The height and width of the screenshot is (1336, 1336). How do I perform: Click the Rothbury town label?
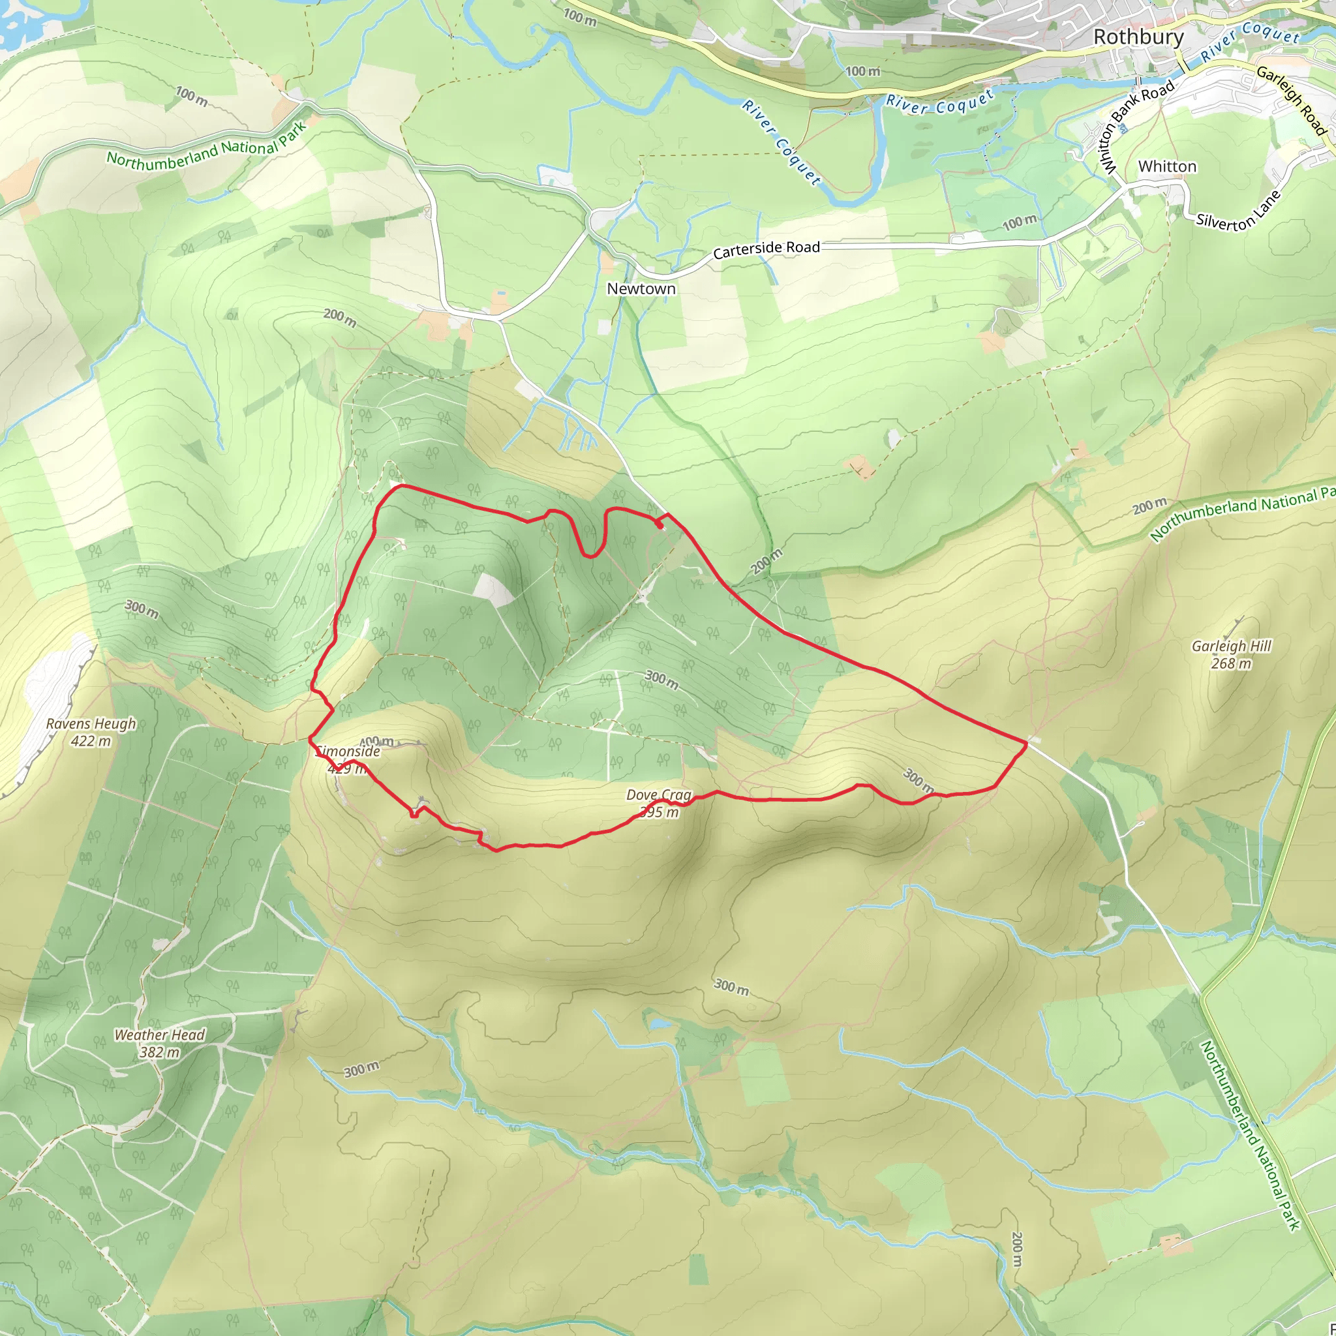[x=1138, y=37]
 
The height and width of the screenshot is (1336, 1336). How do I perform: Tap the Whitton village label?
[x=1167, y=166]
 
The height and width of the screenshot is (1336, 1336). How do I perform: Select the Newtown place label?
[x=641, y=288]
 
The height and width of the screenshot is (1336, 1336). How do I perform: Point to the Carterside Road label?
[x=767, y=250]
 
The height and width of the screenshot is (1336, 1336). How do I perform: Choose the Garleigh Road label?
[x=1292, y=101]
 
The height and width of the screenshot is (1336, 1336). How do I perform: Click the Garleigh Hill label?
[x=1232, y=646]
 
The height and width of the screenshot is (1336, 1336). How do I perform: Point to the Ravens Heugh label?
[x=91, y=724]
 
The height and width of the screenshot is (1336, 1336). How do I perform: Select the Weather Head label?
[x=160, y=1035]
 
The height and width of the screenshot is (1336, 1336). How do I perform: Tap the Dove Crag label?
[x=658, y=795]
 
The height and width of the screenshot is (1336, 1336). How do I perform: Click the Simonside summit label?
[x=349, y=751]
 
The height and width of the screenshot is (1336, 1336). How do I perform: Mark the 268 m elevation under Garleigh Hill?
[x=1232, y=664]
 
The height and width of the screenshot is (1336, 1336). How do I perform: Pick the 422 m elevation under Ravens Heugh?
[x=91, y=741]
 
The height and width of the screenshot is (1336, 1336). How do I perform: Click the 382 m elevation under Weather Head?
[x=160, y=1052]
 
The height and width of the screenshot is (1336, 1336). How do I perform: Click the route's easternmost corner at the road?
[x=1025, y=742]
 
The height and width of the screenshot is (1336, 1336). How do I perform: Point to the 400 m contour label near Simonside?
[x=377, y=742]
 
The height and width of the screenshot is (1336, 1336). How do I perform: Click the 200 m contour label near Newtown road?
[x=339, y=318]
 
